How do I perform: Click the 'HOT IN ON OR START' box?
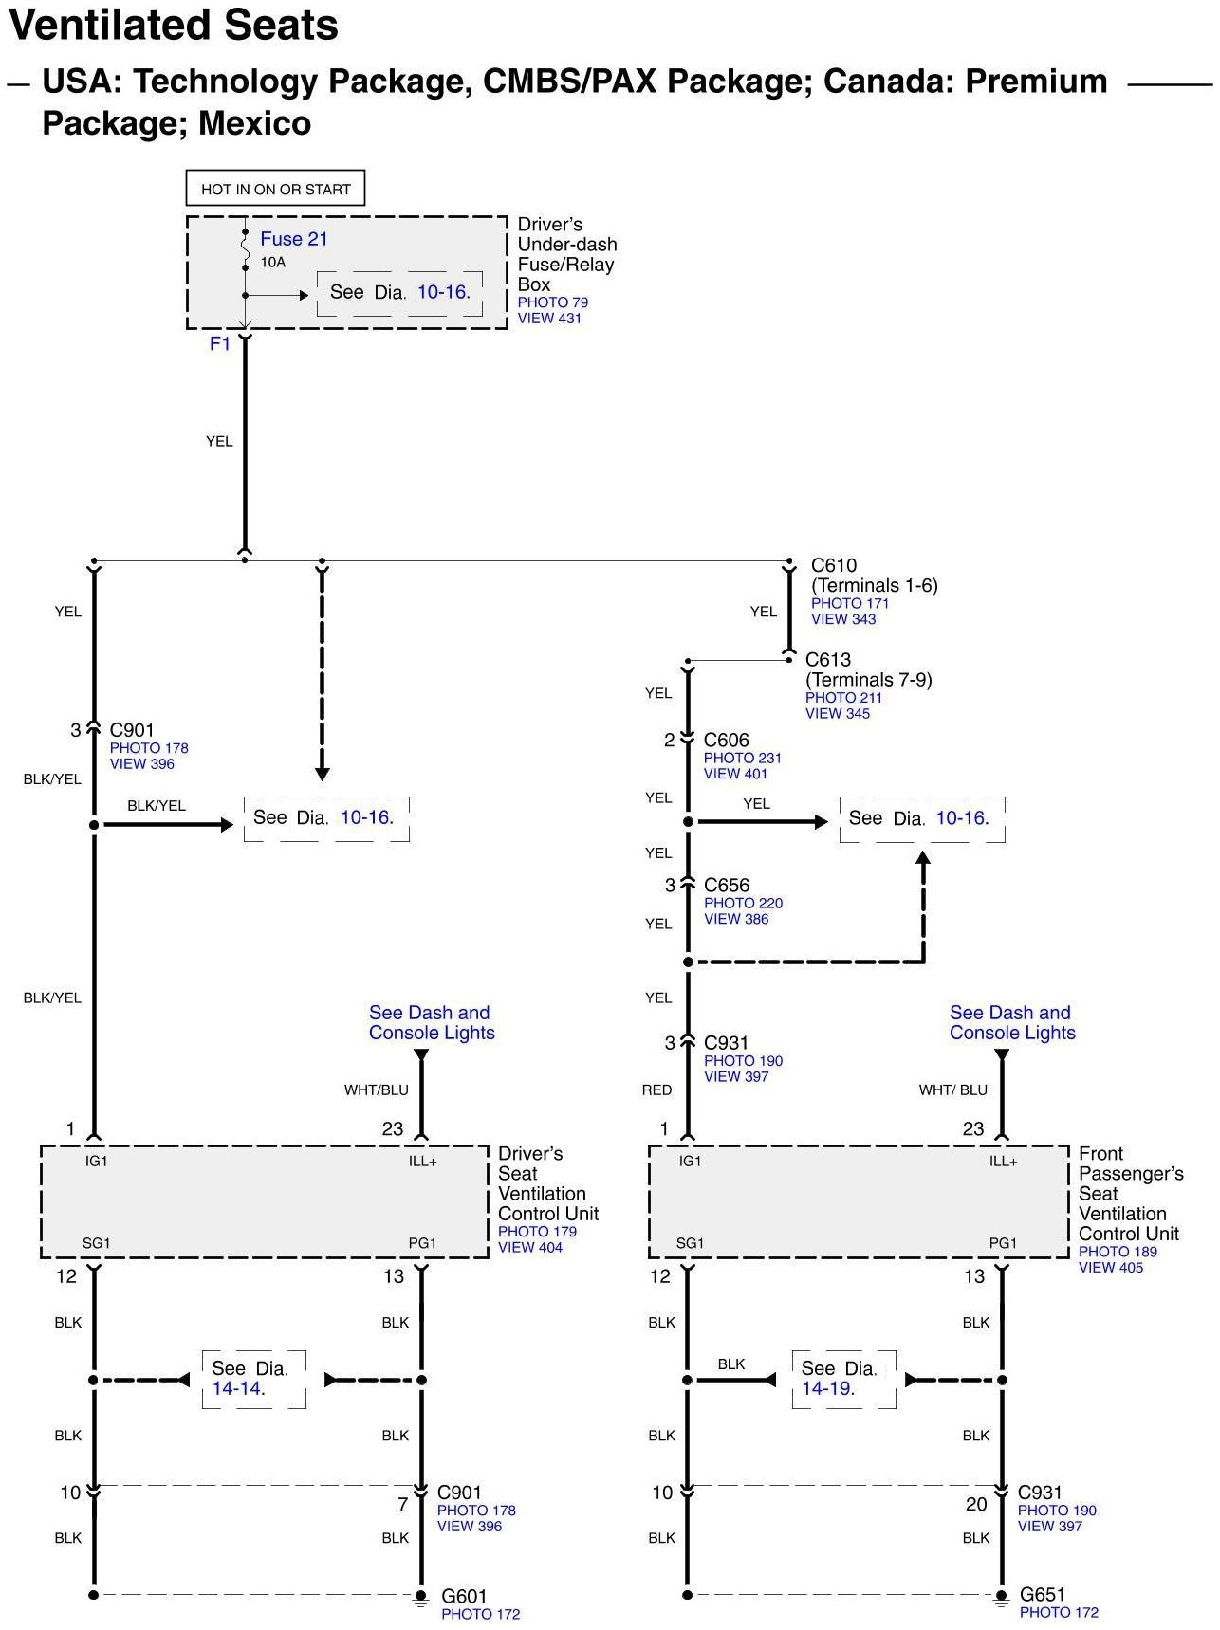point(275,189)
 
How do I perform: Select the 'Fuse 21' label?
point(294,239)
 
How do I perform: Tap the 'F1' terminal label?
point(220,343)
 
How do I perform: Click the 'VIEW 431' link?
point(549,319)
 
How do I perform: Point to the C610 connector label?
point(834,565)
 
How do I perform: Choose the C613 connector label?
point(828,659)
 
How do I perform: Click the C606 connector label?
point(727,740)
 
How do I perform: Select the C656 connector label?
point(727,885)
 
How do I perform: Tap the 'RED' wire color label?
point(656,1090)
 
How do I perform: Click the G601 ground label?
point(464,1596)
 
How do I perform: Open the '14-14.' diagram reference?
point(238,1388)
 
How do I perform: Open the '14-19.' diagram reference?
point(828,1388)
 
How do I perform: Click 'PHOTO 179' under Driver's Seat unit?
point(537,1232)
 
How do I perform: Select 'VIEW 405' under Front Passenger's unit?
point(1111,1268)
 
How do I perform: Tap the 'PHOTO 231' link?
point(743,759)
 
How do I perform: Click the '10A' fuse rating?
point(273,262)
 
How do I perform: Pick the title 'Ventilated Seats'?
point(174,26)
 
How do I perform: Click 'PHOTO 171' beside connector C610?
point(850,603)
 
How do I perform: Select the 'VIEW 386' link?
point(736,919)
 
